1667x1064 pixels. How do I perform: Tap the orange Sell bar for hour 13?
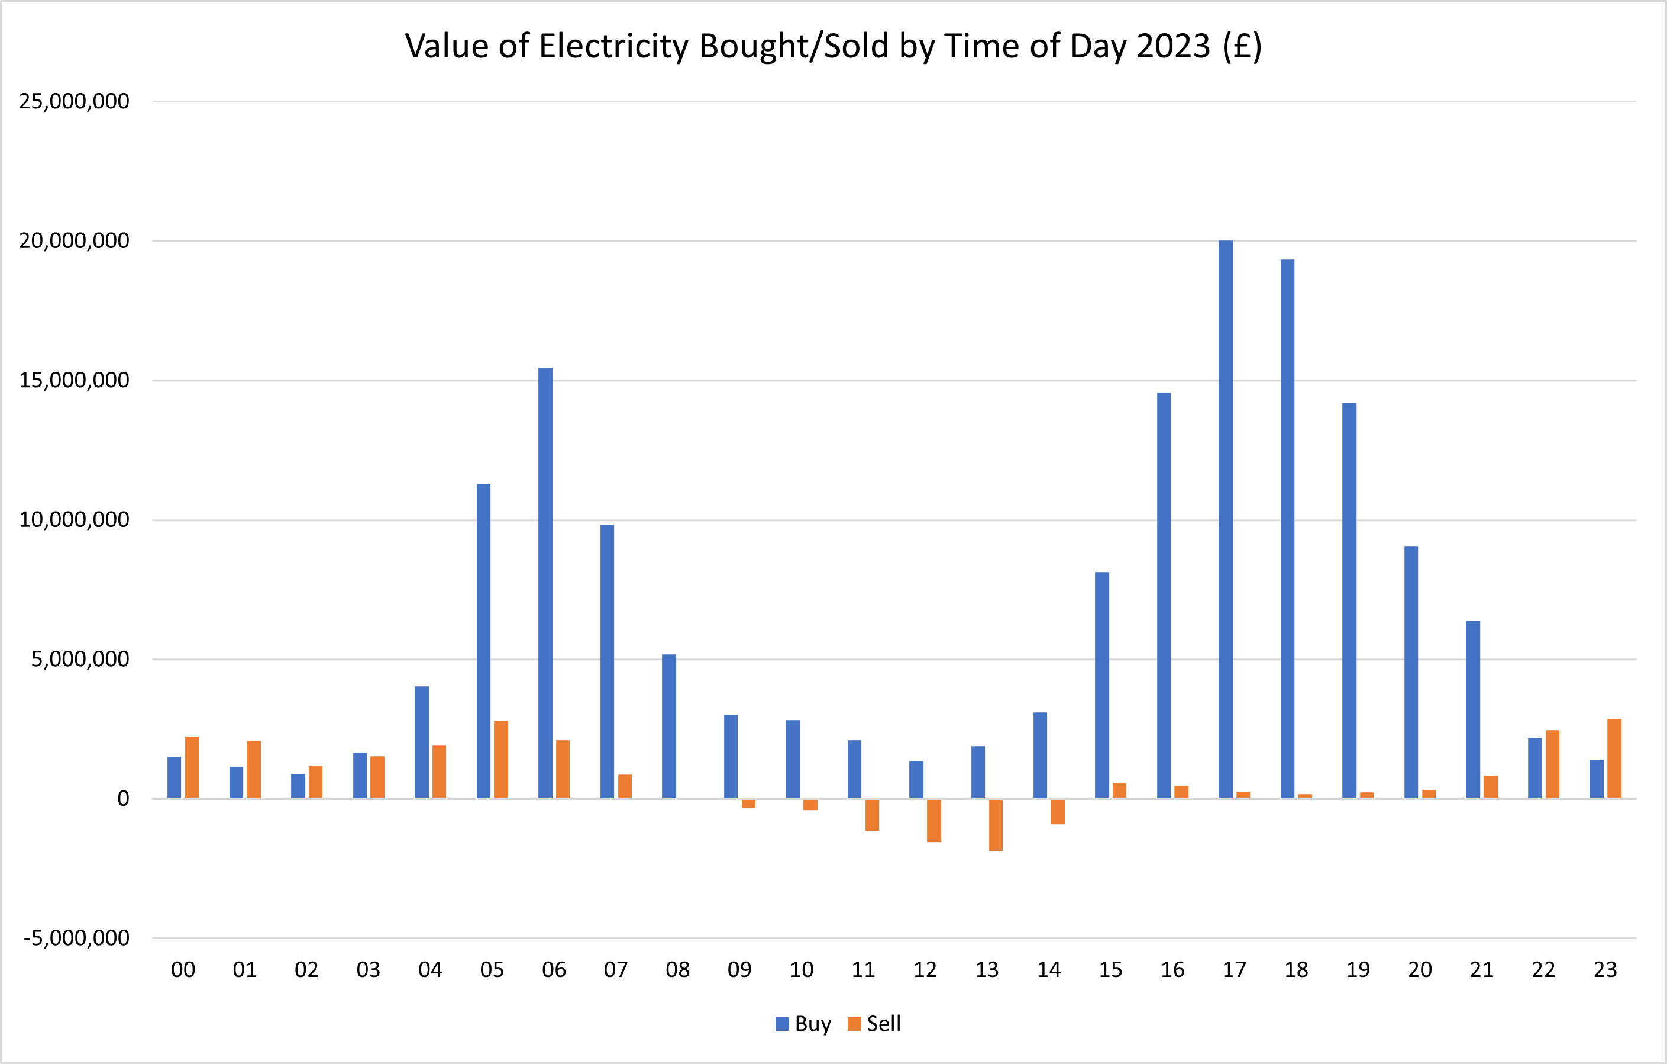point(996,824)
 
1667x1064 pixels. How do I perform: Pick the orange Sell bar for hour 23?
point(1614,759)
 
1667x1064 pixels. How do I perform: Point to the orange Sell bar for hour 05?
point(501,760)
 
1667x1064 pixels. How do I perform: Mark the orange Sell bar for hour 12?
point(934,820)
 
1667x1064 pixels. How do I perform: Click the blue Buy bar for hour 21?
point(1472,709)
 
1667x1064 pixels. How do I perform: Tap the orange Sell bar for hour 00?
point(192,767)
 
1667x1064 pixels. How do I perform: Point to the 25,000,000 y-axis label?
point(74,101)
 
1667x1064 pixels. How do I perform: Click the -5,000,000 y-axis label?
point(76,938)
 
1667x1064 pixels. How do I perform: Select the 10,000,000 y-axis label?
point(74,519)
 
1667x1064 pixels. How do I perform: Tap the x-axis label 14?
point(1049,970)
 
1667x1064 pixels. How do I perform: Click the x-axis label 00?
point(183,970)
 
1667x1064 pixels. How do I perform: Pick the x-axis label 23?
point(1605,970)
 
